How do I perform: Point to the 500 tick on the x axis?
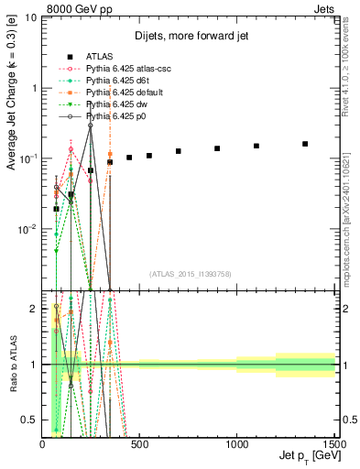(139, 443)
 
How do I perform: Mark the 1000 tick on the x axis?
(237, 443)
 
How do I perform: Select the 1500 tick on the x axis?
(334, 443)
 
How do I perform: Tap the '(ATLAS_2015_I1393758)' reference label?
(190, 274)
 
